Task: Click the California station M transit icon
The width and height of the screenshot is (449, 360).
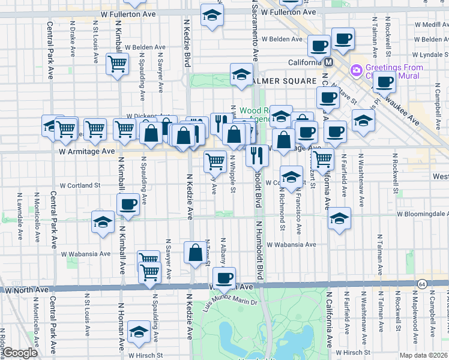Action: [329, 62]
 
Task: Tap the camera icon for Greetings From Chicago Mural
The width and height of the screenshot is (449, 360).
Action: [357, 71]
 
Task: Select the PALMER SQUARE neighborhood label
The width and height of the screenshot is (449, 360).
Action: [285, 80]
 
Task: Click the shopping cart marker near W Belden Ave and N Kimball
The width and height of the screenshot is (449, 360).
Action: [117, 64]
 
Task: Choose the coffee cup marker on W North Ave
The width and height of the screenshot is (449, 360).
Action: [224, 278]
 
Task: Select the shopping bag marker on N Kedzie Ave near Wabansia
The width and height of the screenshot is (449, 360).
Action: [196, 253]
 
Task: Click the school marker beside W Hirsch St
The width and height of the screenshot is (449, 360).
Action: [139, 331]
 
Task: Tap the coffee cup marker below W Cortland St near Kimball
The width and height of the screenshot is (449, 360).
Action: [127, 204]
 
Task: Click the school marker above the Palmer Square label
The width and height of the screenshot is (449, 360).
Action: [241, 74]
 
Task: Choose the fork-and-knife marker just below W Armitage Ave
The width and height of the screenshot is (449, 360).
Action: [257, 155]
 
